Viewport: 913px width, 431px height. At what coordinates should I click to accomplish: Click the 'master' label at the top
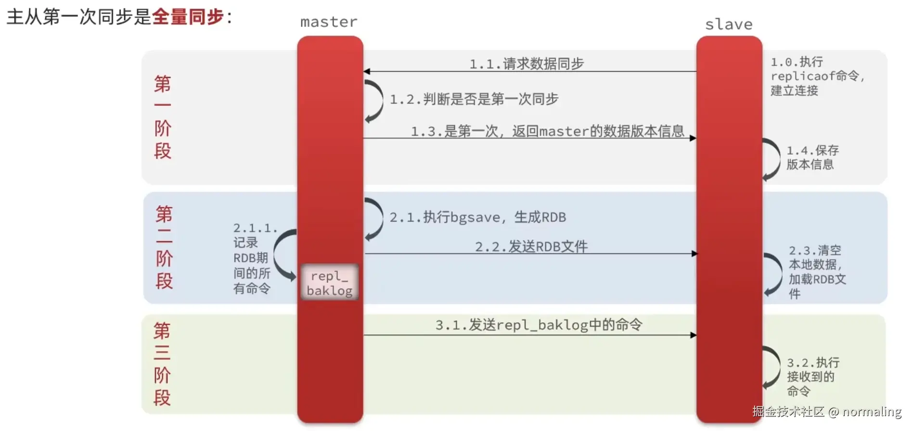coord(329,22)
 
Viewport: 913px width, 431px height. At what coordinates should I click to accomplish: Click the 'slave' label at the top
coord(729,25)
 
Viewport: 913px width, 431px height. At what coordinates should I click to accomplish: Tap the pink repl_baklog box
coord(330,283)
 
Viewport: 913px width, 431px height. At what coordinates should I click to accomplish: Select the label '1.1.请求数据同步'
coord(527,63)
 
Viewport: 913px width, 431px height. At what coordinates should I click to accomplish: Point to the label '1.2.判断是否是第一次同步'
coord(474,99)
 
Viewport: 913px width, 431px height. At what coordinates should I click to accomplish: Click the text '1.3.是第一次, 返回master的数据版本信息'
coord(547,131)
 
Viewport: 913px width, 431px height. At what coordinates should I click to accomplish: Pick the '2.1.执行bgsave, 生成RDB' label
coord(477,217)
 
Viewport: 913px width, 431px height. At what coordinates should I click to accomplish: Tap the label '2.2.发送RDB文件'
coord(531,247)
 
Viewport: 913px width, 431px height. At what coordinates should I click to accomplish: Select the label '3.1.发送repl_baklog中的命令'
coord(539,325)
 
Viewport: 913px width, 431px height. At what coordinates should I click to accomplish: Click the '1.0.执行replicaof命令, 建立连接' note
coord(816,76)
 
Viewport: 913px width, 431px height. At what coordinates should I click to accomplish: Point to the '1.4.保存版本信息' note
coord(812,157)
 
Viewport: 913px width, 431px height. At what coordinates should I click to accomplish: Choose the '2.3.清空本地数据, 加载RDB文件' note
coord(816,272)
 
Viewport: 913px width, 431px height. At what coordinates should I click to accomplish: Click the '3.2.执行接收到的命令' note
coord(812,377)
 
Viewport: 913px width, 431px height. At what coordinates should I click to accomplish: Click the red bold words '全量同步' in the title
coord(188,17)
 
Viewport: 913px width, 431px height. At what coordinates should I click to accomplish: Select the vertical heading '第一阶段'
coord(163,117)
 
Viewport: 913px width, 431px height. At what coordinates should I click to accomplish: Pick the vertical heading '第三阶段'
coord(162,364)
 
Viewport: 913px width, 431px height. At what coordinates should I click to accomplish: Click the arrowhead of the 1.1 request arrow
coord(367,72)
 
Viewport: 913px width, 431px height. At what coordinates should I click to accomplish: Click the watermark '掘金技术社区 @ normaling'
coord(826,412)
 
